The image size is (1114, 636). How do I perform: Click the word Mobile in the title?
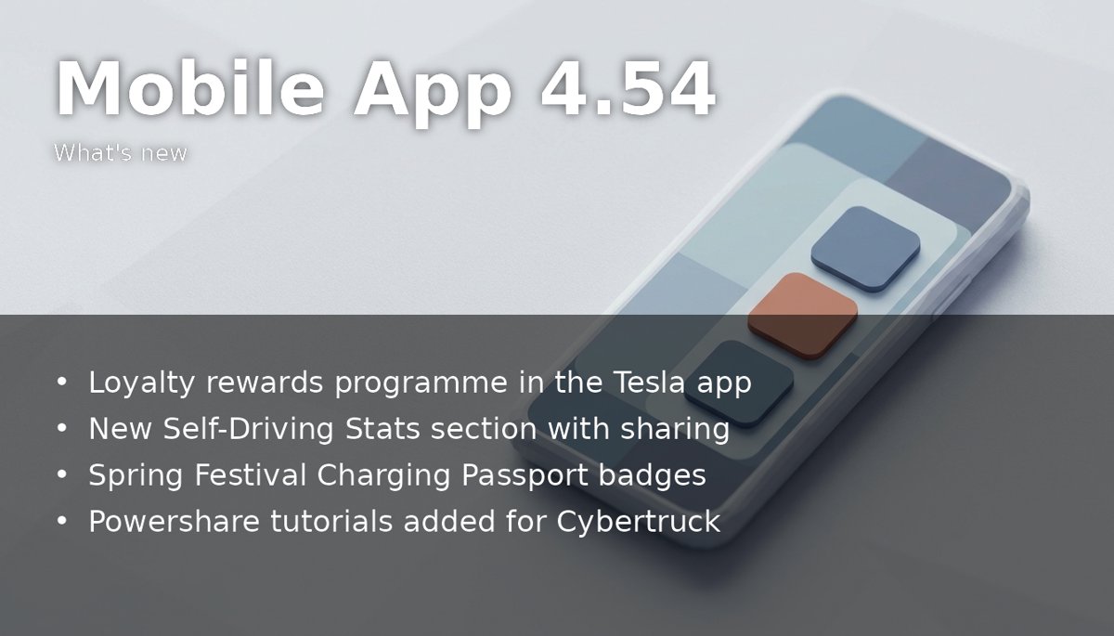(190, 88)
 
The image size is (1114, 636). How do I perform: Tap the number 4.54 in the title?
(628, 88)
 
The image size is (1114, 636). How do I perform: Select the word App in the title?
(433, 94)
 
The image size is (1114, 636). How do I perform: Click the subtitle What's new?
(121, 152)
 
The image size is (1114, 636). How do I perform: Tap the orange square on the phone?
(803, 316)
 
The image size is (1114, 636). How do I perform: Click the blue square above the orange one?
(865, 249)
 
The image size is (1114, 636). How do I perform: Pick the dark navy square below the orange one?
(740, 383)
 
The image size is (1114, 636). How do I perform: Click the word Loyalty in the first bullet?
(141, 383)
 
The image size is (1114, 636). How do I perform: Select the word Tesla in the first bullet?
(650, 383)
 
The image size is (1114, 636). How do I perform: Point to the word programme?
(421, 384)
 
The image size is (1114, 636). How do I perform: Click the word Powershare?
(175, 522)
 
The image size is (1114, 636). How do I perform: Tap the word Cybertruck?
(638, 522)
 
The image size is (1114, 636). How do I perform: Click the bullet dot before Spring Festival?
(61, 474)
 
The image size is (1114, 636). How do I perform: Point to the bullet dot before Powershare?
(61, 521)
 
